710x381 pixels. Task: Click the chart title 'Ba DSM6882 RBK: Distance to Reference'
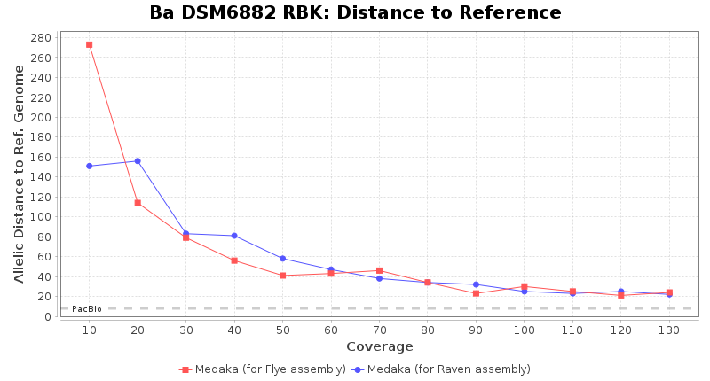[355, 13]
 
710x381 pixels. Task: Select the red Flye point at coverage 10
[90, 44]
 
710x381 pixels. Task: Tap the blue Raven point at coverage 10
[90, 166]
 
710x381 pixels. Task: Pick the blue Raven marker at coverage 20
[138, 161]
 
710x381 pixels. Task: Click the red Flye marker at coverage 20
[138, 203]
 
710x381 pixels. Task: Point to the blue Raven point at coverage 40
[234, 236]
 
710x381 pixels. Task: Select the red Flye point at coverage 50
[282, 276]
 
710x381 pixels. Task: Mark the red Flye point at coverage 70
[379, 270]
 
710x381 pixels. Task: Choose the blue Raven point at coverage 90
[476, 284]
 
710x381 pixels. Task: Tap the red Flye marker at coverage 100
[525, 286]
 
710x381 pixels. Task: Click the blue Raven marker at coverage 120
[621, 292]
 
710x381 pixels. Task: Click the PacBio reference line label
[87, 308]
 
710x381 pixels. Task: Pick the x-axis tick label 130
[669, 330]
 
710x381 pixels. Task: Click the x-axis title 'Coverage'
[379, 346]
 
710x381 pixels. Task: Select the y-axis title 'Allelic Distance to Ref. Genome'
[20, 175]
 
